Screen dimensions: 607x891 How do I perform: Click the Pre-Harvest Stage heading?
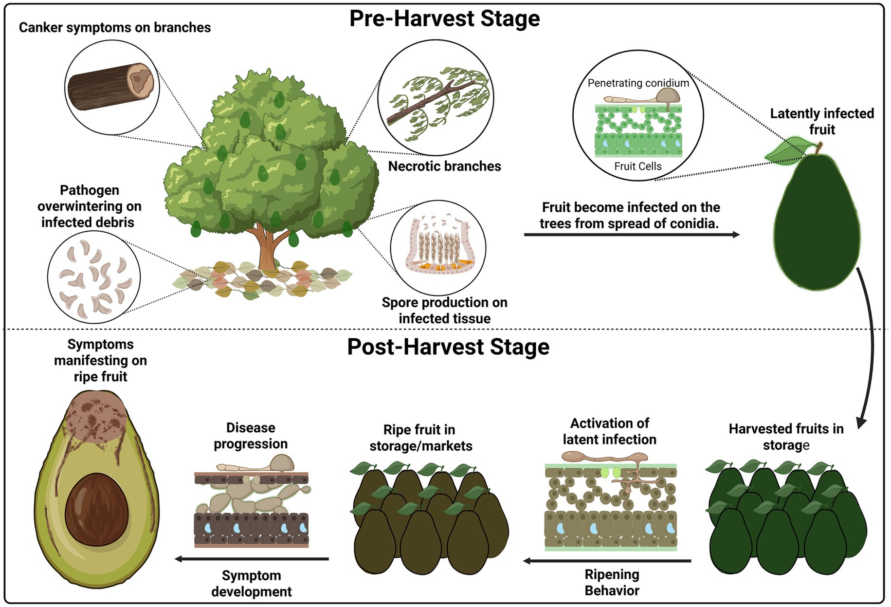pyautogui.click(x=444, y=18)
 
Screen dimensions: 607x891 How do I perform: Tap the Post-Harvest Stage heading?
pyautogui.click(x=448, y=347)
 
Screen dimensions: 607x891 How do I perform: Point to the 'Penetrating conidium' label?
pyautogui.click(x=638, y=83)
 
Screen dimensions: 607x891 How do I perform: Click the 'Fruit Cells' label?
pyautogui.click(x=637, y=166)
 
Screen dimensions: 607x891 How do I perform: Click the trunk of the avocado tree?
pyautogui.click(x=267, y=248)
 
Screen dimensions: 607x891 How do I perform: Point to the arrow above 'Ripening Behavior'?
pyautogui.click(x=607, y=561)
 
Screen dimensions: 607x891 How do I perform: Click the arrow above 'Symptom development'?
pyautogui.click(x=252, y=559)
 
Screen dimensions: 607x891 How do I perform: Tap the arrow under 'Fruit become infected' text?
pyautogui.click(x=631, y=235)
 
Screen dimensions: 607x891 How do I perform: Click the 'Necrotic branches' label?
pyautogui.click(x=444, y=166)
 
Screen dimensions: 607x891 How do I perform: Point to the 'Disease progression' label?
pyautogui.click(x=251, y=436)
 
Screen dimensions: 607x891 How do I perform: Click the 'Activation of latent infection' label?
pyautogui.click(x=609, y=431)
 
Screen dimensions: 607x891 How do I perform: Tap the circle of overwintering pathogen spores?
pyautogui.click(x=94, y=277)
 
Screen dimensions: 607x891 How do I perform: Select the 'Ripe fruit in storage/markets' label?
pyautogui.click(x=420, y=438)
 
